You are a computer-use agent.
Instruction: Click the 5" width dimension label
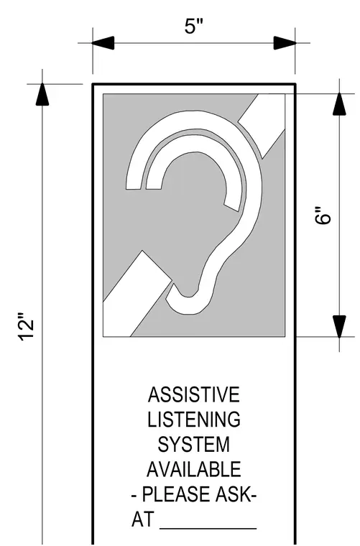click(193, 27)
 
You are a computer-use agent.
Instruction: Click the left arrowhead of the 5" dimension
click(103, 43)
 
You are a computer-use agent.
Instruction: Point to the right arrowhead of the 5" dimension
click(285, 43)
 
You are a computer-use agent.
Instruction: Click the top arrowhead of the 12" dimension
click(42, 94)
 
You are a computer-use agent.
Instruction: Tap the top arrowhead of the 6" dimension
click(339, 103)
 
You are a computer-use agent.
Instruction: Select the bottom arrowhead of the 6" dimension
click(339, 326)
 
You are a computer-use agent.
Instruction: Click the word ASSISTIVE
click(194, 394)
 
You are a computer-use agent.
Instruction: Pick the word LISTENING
click(194, 420)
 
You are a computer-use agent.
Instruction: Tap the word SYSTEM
click(194, 445)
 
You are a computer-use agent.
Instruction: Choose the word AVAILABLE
click(194, 469)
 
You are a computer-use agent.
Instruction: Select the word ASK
click(233, 494)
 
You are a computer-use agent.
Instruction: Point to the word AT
click(142, 519)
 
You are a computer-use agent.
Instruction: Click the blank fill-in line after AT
click(208, 529)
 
